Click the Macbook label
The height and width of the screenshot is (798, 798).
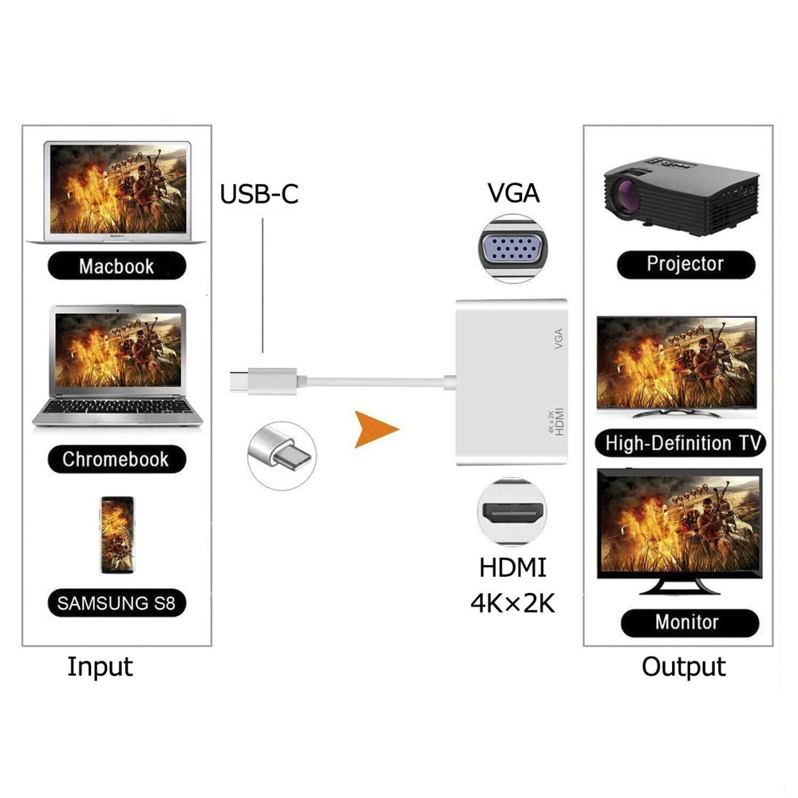(117, 266)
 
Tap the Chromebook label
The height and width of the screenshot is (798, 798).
(116, 459)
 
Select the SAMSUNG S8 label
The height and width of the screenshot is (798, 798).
(116, 602)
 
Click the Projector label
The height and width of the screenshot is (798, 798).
(685, 263)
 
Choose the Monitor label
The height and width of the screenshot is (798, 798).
(687, 622)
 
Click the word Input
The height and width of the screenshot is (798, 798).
(100, 666)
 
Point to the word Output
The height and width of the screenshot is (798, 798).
(684, 666)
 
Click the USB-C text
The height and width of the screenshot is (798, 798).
(259, 194)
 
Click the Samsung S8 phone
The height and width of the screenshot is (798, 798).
(117, 535)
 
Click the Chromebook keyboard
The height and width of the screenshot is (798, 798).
(116, 409)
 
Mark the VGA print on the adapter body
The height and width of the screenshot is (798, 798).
(558, 339)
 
